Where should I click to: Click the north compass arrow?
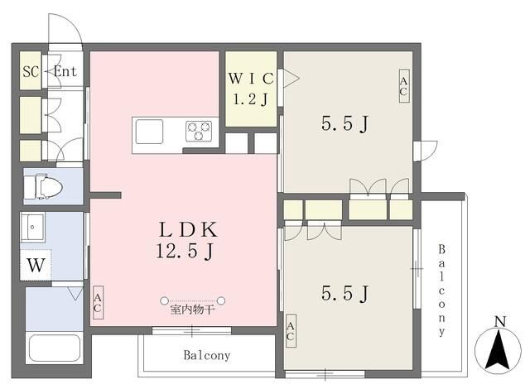click(x=498, y=351)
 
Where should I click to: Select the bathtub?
click(x=55, y=348)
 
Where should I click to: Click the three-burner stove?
click(x=199, y=131)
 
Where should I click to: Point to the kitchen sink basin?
click(x=149, y=132)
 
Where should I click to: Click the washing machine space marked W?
click(x=36, y=265)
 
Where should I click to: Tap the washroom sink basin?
click(x=32, y=227)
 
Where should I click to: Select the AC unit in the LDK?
click(x=98, y=303)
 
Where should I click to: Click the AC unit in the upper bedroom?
click(x=404, y=86)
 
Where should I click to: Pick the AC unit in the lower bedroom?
click(x=291, y=331)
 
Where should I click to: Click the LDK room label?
click(x=188, y=230)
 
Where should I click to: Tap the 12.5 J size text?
click(x=185, y=251)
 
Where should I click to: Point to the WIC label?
click(x=251, y=79)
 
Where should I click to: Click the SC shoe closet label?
click(x=31, y=71)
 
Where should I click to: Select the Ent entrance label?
click(x=65, y=71)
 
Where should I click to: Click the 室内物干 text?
click(x=192, y=310)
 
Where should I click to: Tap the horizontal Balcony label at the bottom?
click(x=207, y=355)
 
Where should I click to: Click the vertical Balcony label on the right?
click(x=441, y=291)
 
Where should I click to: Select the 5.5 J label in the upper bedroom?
click(x=344, y=123)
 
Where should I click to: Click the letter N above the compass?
click(x=500, y=322)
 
